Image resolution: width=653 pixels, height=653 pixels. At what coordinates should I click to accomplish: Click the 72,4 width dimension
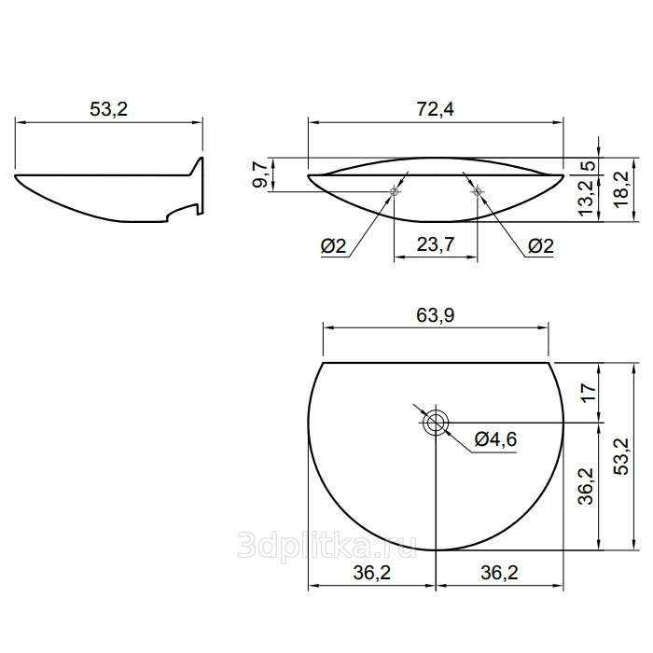pyautogui.click(x=436, y=109)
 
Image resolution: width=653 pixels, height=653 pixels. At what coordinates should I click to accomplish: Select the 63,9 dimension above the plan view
pyautogui.click(x=436, y=315)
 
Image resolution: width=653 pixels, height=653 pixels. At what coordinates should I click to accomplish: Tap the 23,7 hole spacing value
pyautogui.click(x=436, y=244)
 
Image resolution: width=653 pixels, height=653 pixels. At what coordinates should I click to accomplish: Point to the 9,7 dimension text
pyautogui.click(x=260, y=175)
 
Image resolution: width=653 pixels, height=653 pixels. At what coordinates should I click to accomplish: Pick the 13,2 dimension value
pyautogui.click(x=587, y=198)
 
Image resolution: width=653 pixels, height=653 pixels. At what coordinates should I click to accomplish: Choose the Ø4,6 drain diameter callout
pyautogui.click(x=495, y=439)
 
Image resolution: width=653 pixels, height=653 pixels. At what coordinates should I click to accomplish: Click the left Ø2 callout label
pyautogui.click(x=333, y=246)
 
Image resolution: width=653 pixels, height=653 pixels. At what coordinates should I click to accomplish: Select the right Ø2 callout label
pyautogui.click(x=541, y=246)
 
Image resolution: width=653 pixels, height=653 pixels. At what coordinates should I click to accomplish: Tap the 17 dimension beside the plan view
pyautogui.click(x=588, y=393)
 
